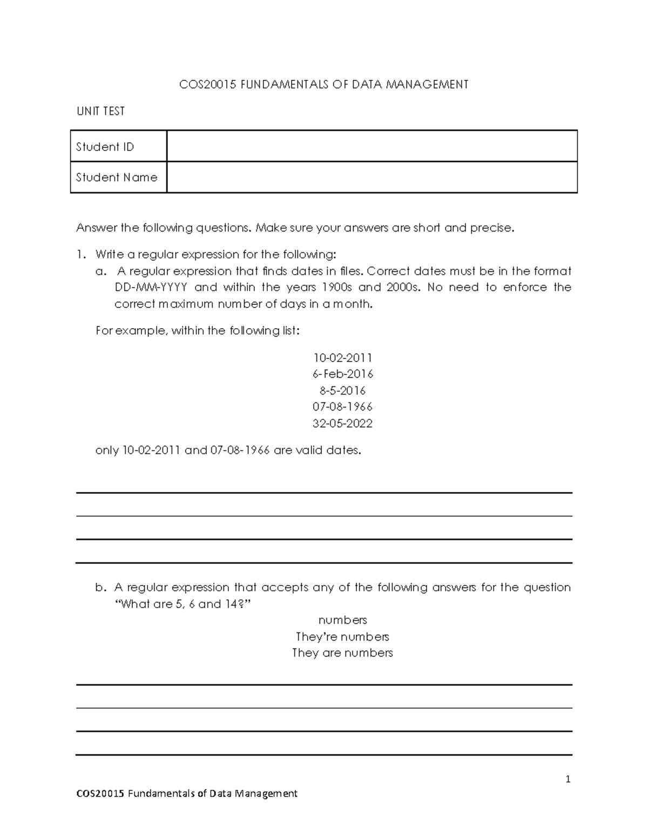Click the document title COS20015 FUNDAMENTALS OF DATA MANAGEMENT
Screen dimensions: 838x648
323,84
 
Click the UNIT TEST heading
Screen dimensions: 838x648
100,111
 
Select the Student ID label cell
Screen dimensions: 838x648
118,146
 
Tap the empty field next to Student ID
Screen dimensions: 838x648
372,146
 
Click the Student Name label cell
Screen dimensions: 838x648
118,177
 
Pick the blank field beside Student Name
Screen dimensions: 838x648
372,177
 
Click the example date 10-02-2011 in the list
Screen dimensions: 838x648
342,358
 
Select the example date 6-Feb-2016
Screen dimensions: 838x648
342,374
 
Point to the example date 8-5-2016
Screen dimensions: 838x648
342,390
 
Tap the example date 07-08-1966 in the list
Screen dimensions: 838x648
342,406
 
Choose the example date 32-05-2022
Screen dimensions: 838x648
342,423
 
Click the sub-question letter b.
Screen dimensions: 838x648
99,587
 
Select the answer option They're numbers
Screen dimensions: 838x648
342,636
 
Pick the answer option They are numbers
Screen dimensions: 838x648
342,653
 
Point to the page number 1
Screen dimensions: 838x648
568,779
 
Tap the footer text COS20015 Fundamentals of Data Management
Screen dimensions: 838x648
187,793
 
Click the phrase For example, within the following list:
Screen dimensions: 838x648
197,331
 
